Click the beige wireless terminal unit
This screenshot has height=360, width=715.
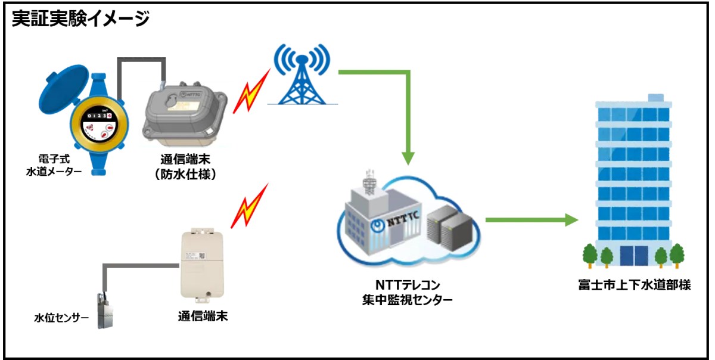click(201, 262)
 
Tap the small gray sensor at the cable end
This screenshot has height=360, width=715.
click(105, 311)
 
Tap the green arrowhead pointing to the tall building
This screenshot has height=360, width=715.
click(572, 220)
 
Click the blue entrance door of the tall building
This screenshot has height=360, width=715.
click(633, 256)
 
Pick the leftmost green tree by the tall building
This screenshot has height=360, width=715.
click(589, 256)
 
